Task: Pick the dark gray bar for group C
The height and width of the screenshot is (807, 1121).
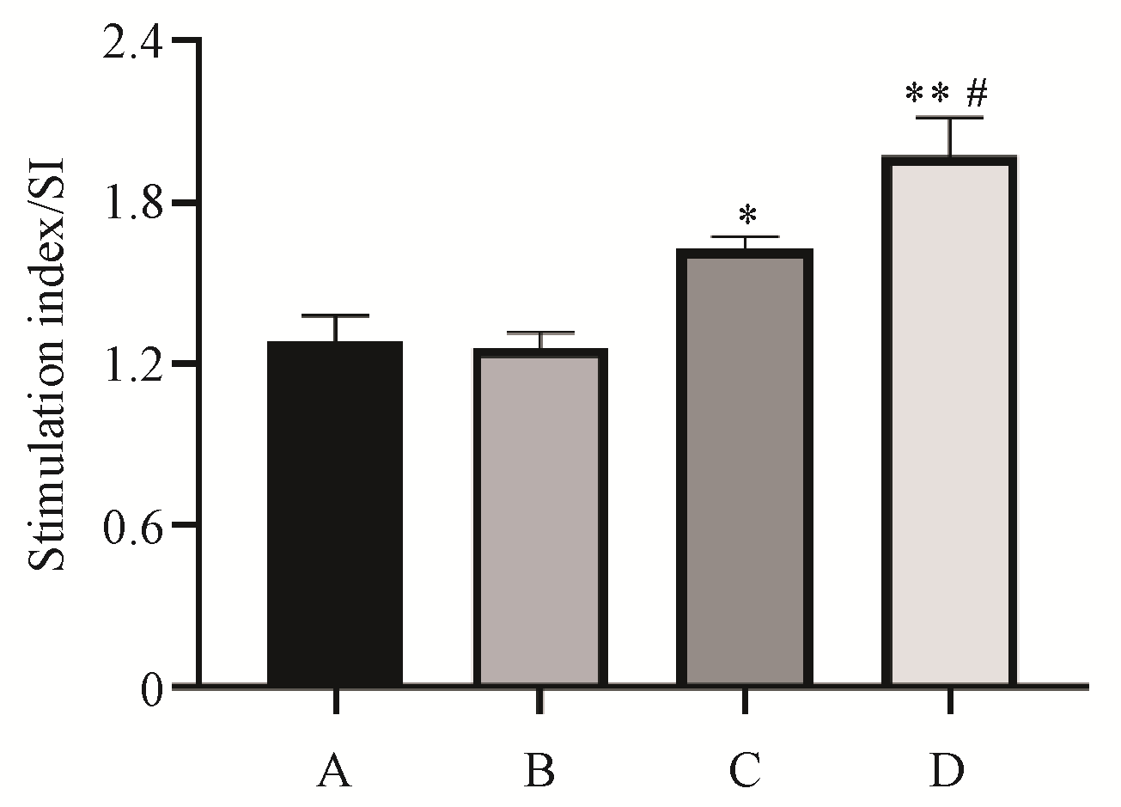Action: (744, 468)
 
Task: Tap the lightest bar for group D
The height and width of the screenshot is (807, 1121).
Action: (949, 421)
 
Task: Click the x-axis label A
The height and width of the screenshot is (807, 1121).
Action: (334, 772)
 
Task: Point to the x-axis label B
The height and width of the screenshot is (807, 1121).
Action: (539, 772)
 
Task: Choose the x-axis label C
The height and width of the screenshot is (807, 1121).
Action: (744, 772)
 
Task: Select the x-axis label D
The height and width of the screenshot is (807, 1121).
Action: (948, 772)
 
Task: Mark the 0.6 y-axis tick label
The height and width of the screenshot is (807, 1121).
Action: (131, 526)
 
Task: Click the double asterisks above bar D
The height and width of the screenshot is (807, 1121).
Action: (928, 93)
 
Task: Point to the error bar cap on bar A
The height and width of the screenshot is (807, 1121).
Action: (335, 316)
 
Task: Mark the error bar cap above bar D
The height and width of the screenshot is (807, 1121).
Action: (950, 118)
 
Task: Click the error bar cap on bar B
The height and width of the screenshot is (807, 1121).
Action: (539, 333)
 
